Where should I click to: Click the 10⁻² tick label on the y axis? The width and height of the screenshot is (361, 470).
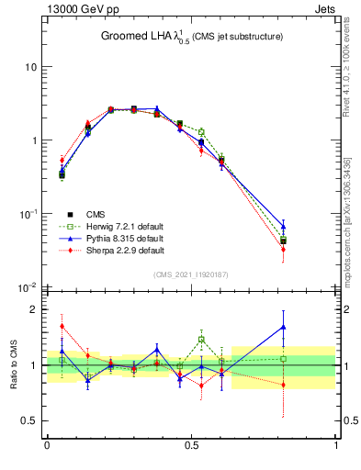[28, 287]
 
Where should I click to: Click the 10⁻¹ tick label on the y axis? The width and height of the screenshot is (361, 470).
[28, 214]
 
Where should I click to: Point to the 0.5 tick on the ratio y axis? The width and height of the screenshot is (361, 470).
[29, 421]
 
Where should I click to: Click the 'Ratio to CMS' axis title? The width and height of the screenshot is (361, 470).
[14, 365]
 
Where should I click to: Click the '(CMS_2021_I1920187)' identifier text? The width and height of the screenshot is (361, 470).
[191, 274]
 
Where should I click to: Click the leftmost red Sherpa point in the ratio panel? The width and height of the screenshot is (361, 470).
[62, 326]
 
